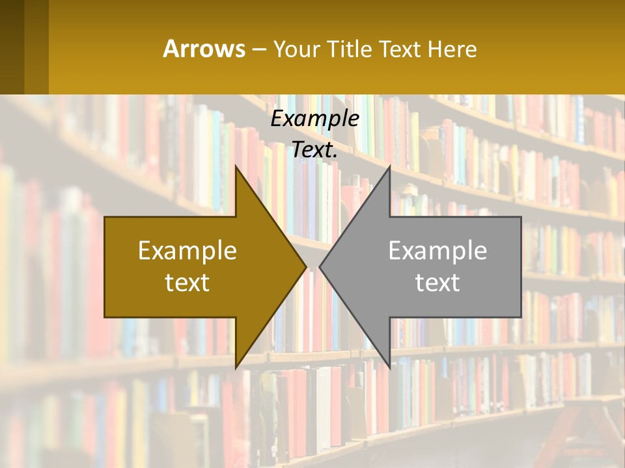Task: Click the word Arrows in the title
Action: pyautogui.click(x=204, y=49)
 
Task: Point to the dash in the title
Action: pyautogui.click(x=258, y=49)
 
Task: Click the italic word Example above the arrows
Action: pyautogui.click(x=315, y=119)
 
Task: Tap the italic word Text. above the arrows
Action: pyautogui.click(x=315, y=149)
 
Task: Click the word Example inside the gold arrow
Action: pyautogui.click(x=187, y=250)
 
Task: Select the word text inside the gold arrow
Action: pyautogui.click(x=187, y=282)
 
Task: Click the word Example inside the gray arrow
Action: pyautogui.click(x=437, y=250)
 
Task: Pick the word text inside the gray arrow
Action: pyautogui.click(x=437, y=282)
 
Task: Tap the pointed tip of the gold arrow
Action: pyautogui.click(x=305, y=267)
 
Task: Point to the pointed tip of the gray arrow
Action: pyautogui.click(x=321, y=267)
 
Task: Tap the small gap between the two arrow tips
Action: pyautogui.click(x=313, y=267)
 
